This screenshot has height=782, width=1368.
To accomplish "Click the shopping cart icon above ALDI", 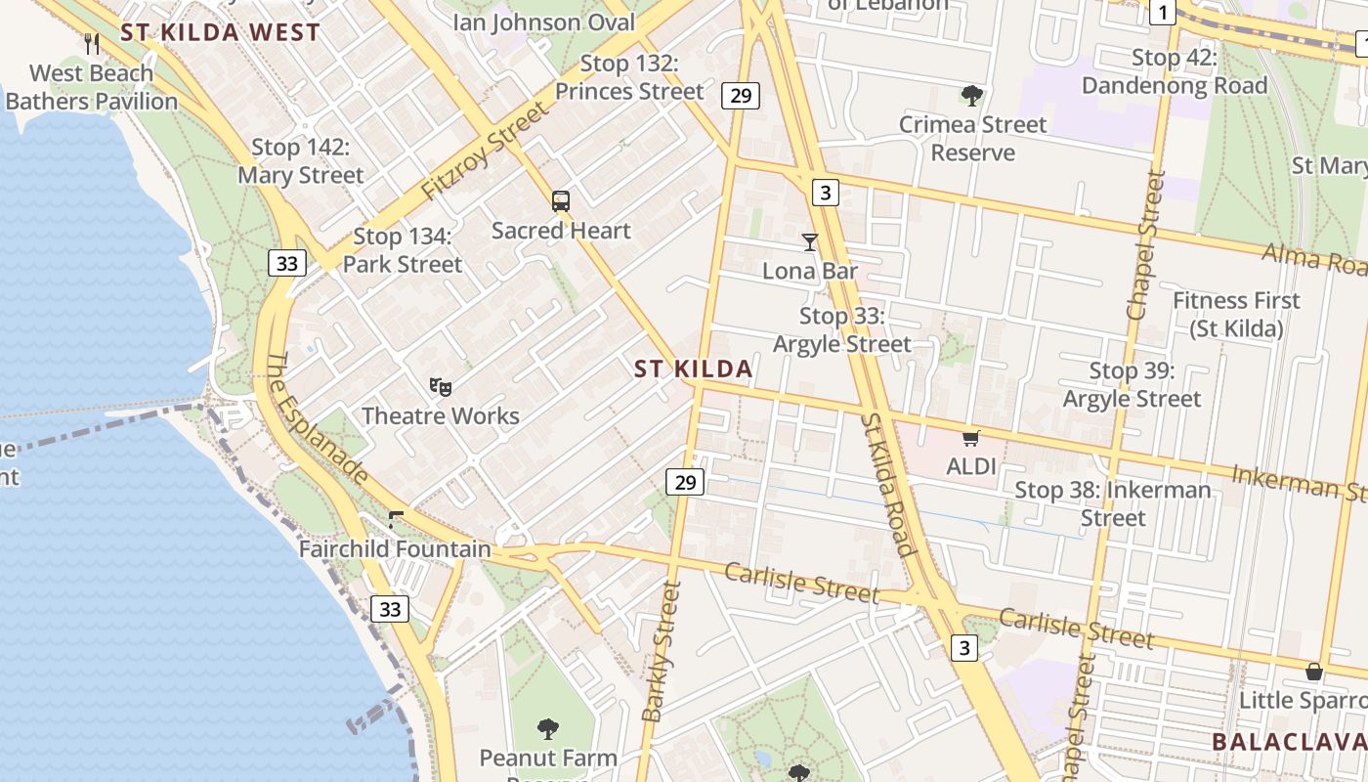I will (x=970, y=439).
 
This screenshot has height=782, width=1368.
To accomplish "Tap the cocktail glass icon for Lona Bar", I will (x=809, y=241).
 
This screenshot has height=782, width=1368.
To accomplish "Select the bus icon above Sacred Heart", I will (x=561, y=201).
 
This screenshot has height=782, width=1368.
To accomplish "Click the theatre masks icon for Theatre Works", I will (x=441, y=387).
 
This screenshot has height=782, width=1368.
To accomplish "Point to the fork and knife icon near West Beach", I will (x=92, y=43).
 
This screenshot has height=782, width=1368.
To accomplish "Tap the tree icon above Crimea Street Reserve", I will (x=971, y=95).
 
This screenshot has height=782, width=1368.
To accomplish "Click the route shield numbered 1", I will (x=1162, y=12).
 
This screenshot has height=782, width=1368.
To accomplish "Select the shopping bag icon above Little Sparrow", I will (x=1314, y=672).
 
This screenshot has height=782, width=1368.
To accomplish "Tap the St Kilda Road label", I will (x=888, y=485).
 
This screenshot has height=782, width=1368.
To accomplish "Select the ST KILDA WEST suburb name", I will (x=220, y=32).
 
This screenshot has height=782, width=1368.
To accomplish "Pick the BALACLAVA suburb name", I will (x=1289, y=742).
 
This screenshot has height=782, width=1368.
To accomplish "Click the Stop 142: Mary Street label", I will (x=301, y=161).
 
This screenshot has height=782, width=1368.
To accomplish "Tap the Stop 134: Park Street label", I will (x=402, y=250).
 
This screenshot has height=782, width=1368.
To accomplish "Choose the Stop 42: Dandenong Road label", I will (x=1175, y=71).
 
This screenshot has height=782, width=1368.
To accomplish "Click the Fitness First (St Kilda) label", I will (x=1236, y=314).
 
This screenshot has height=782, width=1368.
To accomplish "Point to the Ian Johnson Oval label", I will (x=544, y=22).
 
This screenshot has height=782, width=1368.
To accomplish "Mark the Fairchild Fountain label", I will (x=395, y=548).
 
